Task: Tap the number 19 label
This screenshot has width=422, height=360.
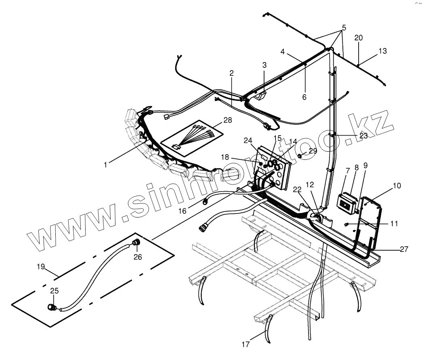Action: click(41, 266)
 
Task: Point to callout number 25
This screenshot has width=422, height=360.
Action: click(54, 290)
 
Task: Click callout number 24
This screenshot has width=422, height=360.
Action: click(248, 140)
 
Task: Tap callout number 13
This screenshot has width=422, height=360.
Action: click(382, 51)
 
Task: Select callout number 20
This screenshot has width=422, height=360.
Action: click(358, 38)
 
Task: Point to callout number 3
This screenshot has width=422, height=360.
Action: click(265, 65)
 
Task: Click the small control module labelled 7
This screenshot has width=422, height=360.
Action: click(347, 201)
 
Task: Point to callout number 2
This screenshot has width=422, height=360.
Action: click(231, 73)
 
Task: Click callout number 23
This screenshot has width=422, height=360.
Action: click(363, 136)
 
